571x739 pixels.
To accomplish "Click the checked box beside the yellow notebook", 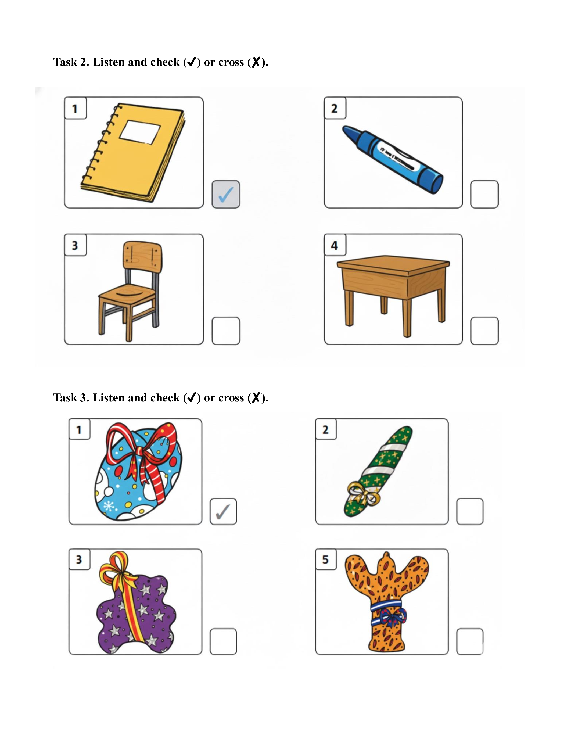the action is [x=226, y=194].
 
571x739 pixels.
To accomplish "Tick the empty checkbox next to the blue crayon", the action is [x=484, y=194].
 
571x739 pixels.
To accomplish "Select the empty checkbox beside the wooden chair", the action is [x=226, y=331].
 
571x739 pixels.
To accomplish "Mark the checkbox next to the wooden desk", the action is [x=484, y=331].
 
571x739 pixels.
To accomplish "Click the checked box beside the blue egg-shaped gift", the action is [x=223, y=511].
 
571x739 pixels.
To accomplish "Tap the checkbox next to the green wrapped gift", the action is [x=470, y=511].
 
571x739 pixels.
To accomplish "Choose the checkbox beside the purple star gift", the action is [x=223, y=641].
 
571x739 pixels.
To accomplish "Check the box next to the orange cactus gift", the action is [x=470, y=641].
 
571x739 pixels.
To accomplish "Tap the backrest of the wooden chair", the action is [x=142, y=256].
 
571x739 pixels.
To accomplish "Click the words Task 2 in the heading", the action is [x=71, y=62].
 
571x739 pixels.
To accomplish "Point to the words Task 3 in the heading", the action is [x=71, y=398].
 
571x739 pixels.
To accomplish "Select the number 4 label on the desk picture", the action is [x=335, y=245].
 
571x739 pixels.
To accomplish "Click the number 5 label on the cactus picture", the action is [x=325, y=560].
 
